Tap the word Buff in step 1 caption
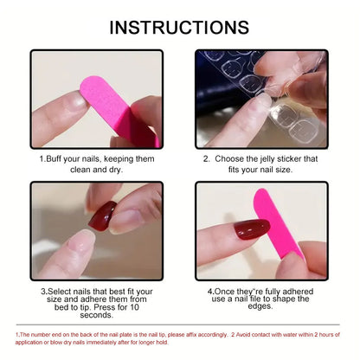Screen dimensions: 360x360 coord(55,159)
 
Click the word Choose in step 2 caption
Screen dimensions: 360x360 coord(231,159)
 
